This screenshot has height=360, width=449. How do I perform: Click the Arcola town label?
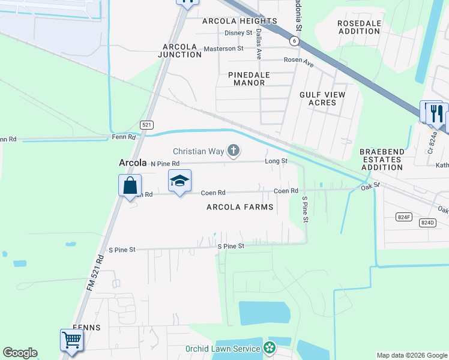(x=133, y=163)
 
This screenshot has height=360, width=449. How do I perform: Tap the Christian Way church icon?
(x=233, y=151)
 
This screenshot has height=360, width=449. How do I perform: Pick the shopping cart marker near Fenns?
(x=71, y=340)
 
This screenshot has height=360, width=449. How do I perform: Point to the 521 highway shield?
(x=146, y=125)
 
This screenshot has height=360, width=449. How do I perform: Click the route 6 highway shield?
(x=294, y=41)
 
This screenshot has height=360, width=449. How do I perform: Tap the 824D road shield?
(x=427, y=222)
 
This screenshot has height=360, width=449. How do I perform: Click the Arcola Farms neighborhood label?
(x=240, y=207)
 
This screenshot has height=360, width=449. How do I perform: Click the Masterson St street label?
(x=223, y=48)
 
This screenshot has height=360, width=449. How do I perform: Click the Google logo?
(x=20, y=353)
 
